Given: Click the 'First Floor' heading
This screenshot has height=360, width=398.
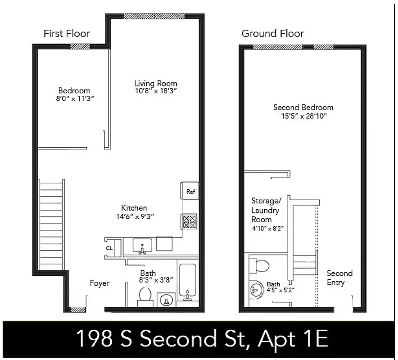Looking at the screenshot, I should pyautogui.click(x=67, y=33).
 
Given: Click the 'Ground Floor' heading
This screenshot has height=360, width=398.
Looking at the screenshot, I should pyautogui.click(x=272, y=33).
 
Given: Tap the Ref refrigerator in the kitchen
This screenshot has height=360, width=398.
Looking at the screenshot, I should pyautogui.click(x=190, y=191).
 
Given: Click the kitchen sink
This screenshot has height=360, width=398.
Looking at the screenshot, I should pyautogui.click(x=142, y=246).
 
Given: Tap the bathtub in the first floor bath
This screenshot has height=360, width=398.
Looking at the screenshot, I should pyautogui.click(x=187, y=281).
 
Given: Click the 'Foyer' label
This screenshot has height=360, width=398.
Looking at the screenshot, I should pyautogui.click(x=99, y=283).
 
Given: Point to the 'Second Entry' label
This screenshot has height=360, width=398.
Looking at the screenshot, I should pyautogui.click(x=339, y=278).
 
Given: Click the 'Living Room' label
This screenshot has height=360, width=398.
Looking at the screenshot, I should pyautogui.click(x=155, y=83).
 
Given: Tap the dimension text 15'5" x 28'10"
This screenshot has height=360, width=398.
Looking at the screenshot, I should pyautogui.click(x=303, y=116).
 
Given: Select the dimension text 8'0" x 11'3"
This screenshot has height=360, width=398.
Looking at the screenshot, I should pyautogui.click(x=74, y=99).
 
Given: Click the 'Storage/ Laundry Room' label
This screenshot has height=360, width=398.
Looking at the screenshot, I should pyautogui.click(x=265, y=210).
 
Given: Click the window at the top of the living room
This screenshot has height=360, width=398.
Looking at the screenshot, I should pyautogui.click(x=154, y=16).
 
